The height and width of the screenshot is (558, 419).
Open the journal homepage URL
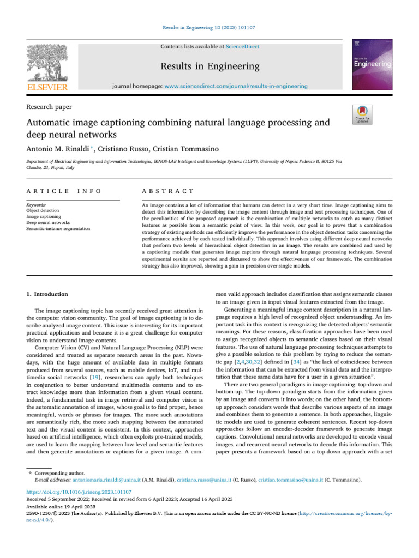[x=236, y=86]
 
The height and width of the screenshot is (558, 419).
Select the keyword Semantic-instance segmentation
[x=58, y=229]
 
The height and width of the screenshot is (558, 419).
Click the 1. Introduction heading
[x=47, y=294]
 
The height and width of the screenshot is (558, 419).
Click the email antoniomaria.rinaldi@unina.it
[x=106, y=480]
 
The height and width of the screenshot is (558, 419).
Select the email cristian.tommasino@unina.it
[x=290, y=480]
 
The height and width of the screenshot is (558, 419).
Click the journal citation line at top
[x=209, y=27]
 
